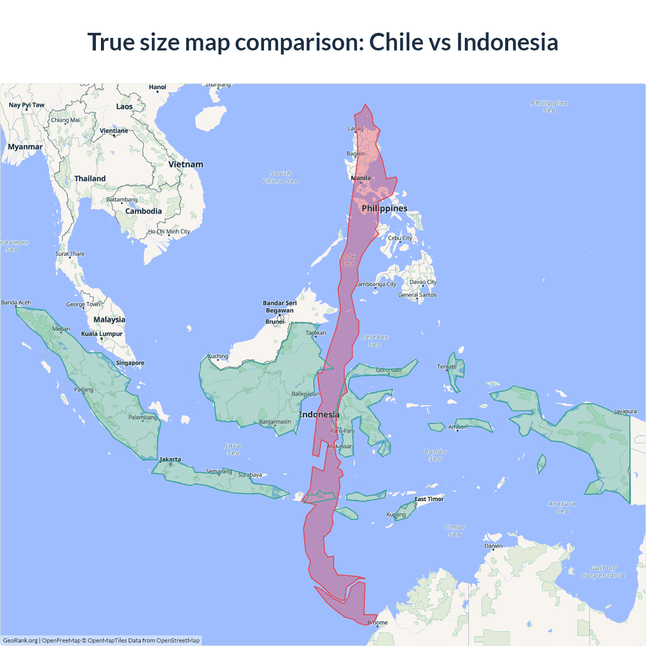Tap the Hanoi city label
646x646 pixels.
tap(157, 87)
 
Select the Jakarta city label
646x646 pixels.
tap(170, 459)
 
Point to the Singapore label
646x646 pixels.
tap(130, 363)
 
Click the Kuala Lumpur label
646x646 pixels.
tap(101, 334)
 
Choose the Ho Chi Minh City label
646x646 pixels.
tap(169, 232)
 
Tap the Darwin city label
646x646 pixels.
tap(493, 546)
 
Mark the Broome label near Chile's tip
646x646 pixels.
tap(378, 622)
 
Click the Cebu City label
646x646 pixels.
tap(400, 238)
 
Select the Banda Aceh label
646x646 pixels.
tap(16, 302)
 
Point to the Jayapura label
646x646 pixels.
tap(625, 411)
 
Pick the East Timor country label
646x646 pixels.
tap(429, 499)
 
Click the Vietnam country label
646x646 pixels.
tap(186, 165)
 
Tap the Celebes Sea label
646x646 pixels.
tap(374, 341)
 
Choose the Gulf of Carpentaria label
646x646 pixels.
tap(603, 571)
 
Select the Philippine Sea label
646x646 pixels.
tap(549, 106)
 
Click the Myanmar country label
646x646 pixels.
tap(25, 147)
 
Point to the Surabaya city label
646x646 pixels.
tap(250, 475)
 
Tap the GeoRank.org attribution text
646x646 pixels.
tap(20, 640)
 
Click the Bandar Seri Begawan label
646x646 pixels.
tap(280, 307)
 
